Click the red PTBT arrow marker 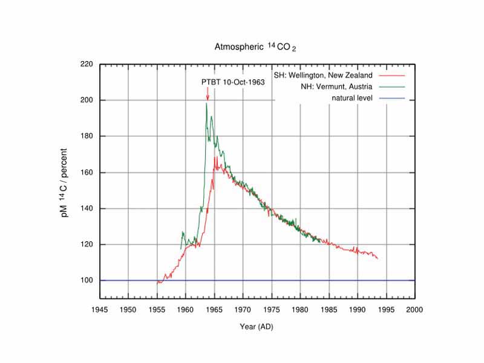[208, 93]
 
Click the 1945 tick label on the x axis [100, 310]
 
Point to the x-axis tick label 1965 [214, 310]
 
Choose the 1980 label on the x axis [300, 310]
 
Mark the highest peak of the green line [206, 103]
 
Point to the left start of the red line [158, 282]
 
